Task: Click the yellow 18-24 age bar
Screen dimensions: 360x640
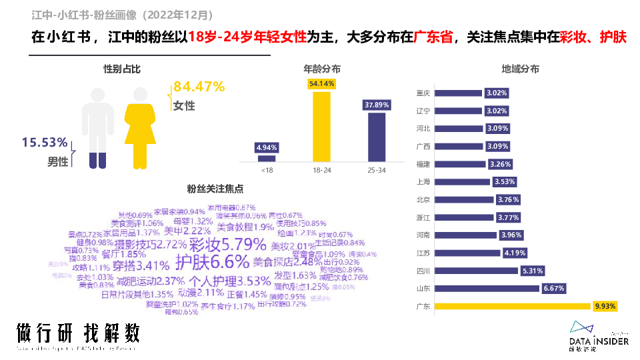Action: coord(321,126)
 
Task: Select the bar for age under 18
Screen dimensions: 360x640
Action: coord(267,158)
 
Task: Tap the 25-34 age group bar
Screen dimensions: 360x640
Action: coord(376,137)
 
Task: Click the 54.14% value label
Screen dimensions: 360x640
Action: coord(321,84)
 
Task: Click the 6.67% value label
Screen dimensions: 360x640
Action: coord(554,289)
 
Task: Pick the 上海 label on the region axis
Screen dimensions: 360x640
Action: coord(423,181)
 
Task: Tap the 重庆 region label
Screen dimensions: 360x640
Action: coord(423,93)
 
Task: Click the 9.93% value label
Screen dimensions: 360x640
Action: coord(605,307)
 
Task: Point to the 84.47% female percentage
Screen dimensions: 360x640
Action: coord(199,87)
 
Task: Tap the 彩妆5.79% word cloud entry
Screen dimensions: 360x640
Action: coord(218,244)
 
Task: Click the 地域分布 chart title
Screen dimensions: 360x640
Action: coord(520,69)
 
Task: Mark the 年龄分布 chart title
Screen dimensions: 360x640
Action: coord(322,69)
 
